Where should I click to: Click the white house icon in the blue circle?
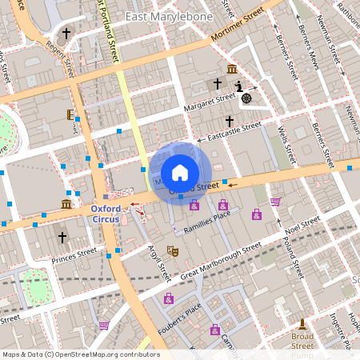pos(180,173)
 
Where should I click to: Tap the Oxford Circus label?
pos(100,214)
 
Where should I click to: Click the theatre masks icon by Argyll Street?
pos(171,251)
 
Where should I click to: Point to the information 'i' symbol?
pos(238,86)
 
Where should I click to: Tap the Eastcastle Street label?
pos(234,132)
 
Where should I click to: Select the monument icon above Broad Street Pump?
pos(302,324)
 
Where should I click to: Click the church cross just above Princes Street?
pos(62,238)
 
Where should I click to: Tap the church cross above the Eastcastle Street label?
pos(230,119)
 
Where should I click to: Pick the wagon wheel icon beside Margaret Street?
pos(246,98)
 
